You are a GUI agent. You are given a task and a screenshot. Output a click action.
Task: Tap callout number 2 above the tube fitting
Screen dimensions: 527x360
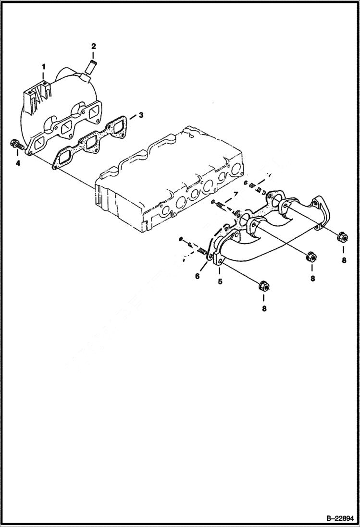pyautogui.click(x=94, y=46)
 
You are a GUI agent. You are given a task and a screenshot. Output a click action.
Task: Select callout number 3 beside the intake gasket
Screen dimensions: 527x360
pyautogui.click(x=141, y=115)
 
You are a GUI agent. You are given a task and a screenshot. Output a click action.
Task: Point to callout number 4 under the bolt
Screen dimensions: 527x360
pyautogui.click(x=18, y=163)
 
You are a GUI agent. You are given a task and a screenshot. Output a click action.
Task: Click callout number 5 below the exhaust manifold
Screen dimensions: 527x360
pyautogui.click(x=220, y=281)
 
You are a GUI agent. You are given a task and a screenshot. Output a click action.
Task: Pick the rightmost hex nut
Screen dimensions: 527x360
pyautogui.click(x=342, y=236)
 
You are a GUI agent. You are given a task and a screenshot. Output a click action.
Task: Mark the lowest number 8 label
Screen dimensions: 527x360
pyautogui.click(x=264, y=309)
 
